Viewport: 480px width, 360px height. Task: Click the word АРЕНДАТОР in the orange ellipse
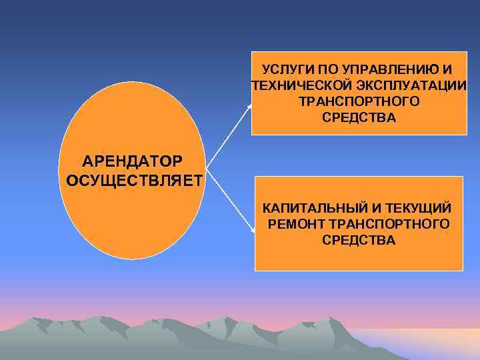(131, 161)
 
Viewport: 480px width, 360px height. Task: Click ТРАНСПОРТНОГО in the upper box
(359, 101)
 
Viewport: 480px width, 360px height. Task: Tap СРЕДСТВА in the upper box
(359, 118)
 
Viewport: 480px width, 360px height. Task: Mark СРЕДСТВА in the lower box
(359, 240)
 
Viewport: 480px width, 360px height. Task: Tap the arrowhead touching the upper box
(250, 105)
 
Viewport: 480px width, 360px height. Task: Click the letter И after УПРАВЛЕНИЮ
(447, 69)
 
